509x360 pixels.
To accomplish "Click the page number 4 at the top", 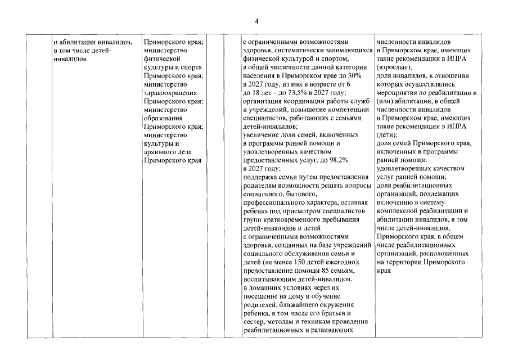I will point(256,21).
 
